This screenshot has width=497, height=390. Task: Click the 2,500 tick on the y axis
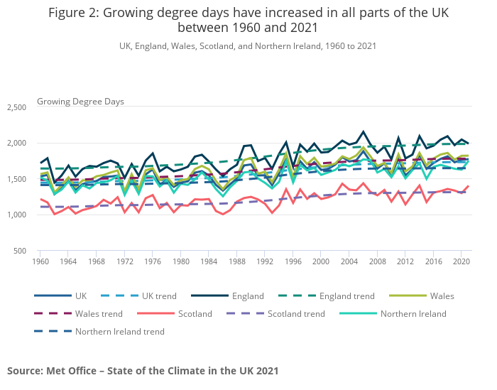pos(16,107)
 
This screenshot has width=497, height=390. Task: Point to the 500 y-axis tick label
pos(19,251)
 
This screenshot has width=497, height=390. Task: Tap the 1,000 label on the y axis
pos(16,215)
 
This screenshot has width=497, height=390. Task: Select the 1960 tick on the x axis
pos(40,261)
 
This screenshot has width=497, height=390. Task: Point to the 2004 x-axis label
pos(349,261)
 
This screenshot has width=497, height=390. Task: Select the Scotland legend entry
pos(193,313)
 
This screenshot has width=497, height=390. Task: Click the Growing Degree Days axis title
pos(80,102)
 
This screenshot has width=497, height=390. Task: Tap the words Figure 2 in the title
pos(77,13)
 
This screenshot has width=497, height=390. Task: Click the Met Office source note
pos(143,371)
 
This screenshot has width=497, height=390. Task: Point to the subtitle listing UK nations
pos(248,46)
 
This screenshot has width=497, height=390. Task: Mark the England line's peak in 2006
pos(364,131)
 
